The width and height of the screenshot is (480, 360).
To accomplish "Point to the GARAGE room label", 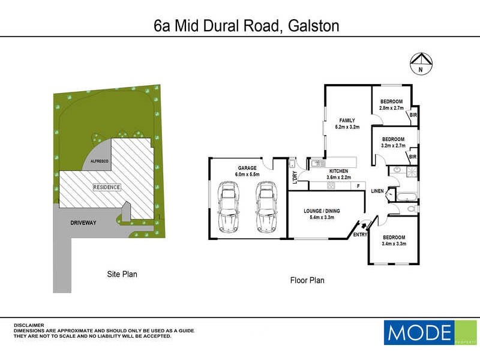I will [x=246, y=168].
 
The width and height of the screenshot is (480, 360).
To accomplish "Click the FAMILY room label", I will [x=347, y=120].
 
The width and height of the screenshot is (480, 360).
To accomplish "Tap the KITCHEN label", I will [x=337, y=171].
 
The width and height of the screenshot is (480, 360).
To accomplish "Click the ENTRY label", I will [x=361, y=234].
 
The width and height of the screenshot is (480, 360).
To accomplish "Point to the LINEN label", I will [x=377, y=191].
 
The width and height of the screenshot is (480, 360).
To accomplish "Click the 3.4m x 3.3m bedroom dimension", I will [x=394, y=244].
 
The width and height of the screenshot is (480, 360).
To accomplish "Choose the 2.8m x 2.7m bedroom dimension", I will [x=391, y=108].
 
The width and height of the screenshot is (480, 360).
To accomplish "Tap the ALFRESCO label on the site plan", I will [x=100, y=162].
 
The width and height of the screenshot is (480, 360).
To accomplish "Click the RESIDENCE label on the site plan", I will [x=107, y=187].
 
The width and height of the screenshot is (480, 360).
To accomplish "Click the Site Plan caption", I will [x=122, y=274].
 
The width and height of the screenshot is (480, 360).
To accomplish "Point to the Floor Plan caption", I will [x=307, y=280].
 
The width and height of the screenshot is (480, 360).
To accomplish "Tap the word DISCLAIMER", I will [x=28, y=325].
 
